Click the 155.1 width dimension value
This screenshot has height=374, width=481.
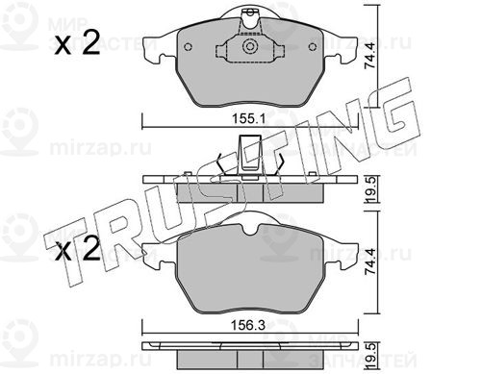(248, 119)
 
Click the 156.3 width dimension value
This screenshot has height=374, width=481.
(248, 326)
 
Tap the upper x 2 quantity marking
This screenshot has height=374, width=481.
(77, 42)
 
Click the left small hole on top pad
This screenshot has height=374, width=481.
(189, 47)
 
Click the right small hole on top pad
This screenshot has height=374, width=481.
(313, 47)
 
